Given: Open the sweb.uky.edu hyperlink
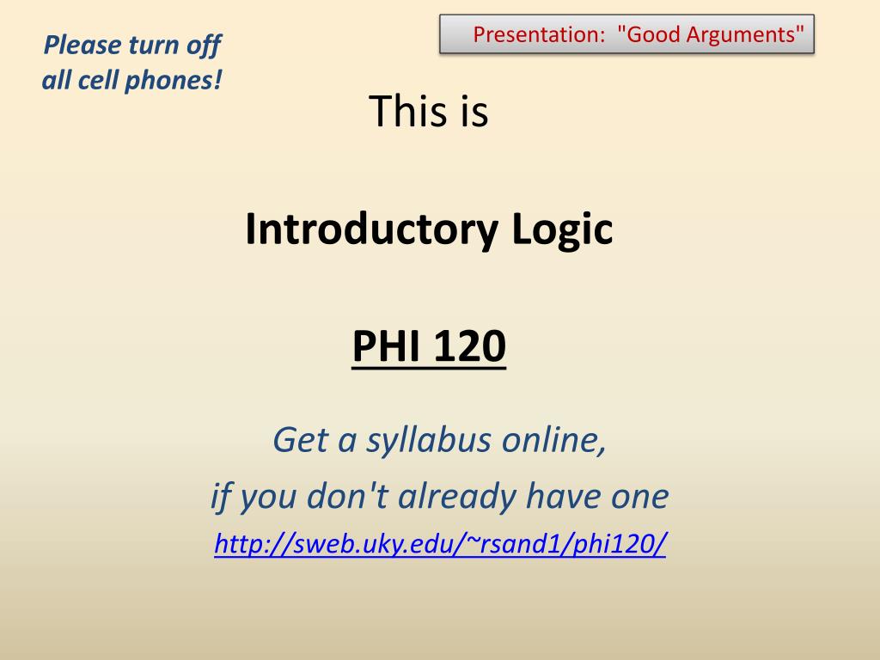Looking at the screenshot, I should (440, 544).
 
